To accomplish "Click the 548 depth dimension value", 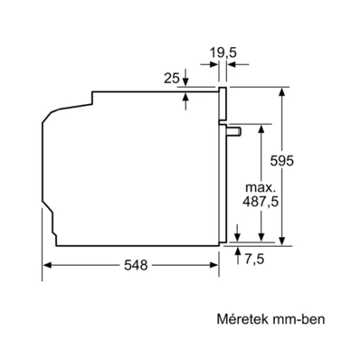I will point(136,265).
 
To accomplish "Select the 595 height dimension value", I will point(281,160).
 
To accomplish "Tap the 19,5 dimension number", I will point(221,51).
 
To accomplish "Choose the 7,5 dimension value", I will point(255,260).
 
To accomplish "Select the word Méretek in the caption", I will point(237,319).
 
